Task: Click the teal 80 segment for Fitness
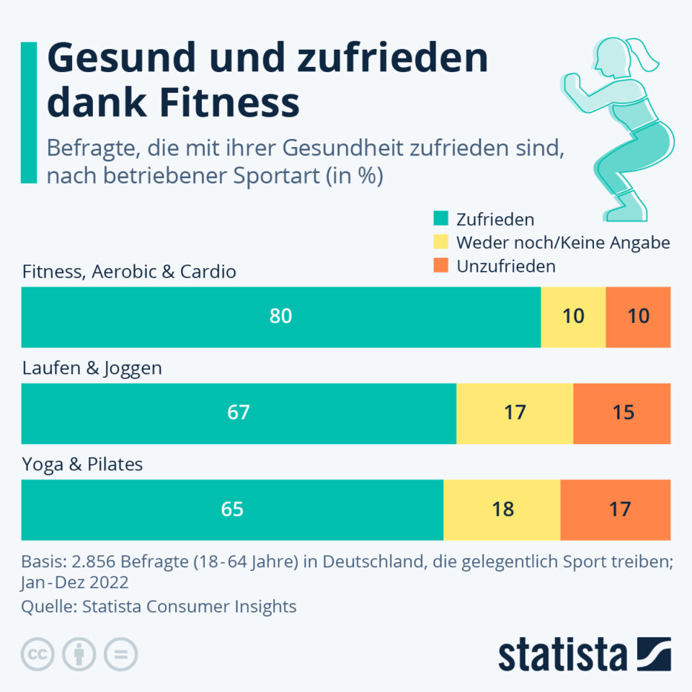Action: (280, 317)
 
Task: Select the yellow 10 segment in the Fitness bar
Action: (573, 317)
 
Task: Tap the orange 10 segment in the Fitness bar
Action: (638, 317)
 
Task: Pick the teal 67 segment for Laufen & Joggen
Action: (239, 413)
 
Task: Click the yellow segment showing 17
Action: (515, 413)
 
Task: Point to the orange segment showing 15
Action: (622, 413)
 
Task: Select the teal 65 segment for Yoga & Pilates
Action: (232, 509)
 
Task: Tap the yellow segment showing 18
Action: (502, 509)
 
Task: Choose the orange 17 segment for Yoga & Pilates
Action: (616, 509)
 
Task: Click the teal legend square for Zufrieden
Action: (441, 219)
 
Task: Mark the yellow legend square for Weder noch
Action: (441, 242)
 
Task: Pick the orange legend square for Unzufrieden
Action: (441, 265)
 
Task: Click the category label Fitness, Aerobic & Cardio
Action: (129, 272)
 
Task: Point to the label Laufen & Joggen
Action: (92, 368)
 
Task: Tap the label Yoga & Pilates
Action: (82, 464)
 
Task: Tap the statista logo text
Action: (562, 656)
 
